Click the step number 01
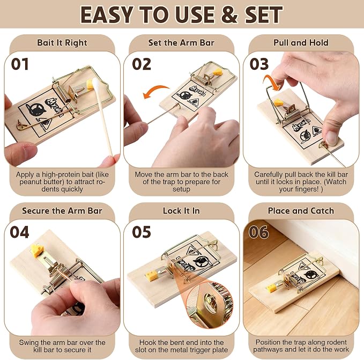coord(20,64)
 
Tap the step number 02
coord(142,64)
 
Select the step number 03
coord(259,64)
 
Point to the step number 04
coord(19,232)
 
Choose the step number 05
coord(142,232)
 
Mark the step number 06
coord(259,232)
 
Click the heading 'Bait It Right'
coord(62,43)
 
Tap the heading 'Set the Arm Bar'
coord(181,43)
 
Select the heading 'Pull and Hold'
coord(301,43)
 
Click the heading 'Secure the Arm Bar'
coord(62,211)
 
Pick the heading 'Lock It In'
coord(181,211)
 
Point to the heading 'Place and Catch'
coord(301,211)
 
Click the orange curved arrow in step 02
coord(156,89)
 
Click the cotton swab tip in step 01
coord(95,84)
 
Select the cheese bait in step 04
coord(37,251)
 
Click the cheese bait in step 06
coord(271,288)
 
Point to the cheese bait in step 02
coord(218,72)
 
